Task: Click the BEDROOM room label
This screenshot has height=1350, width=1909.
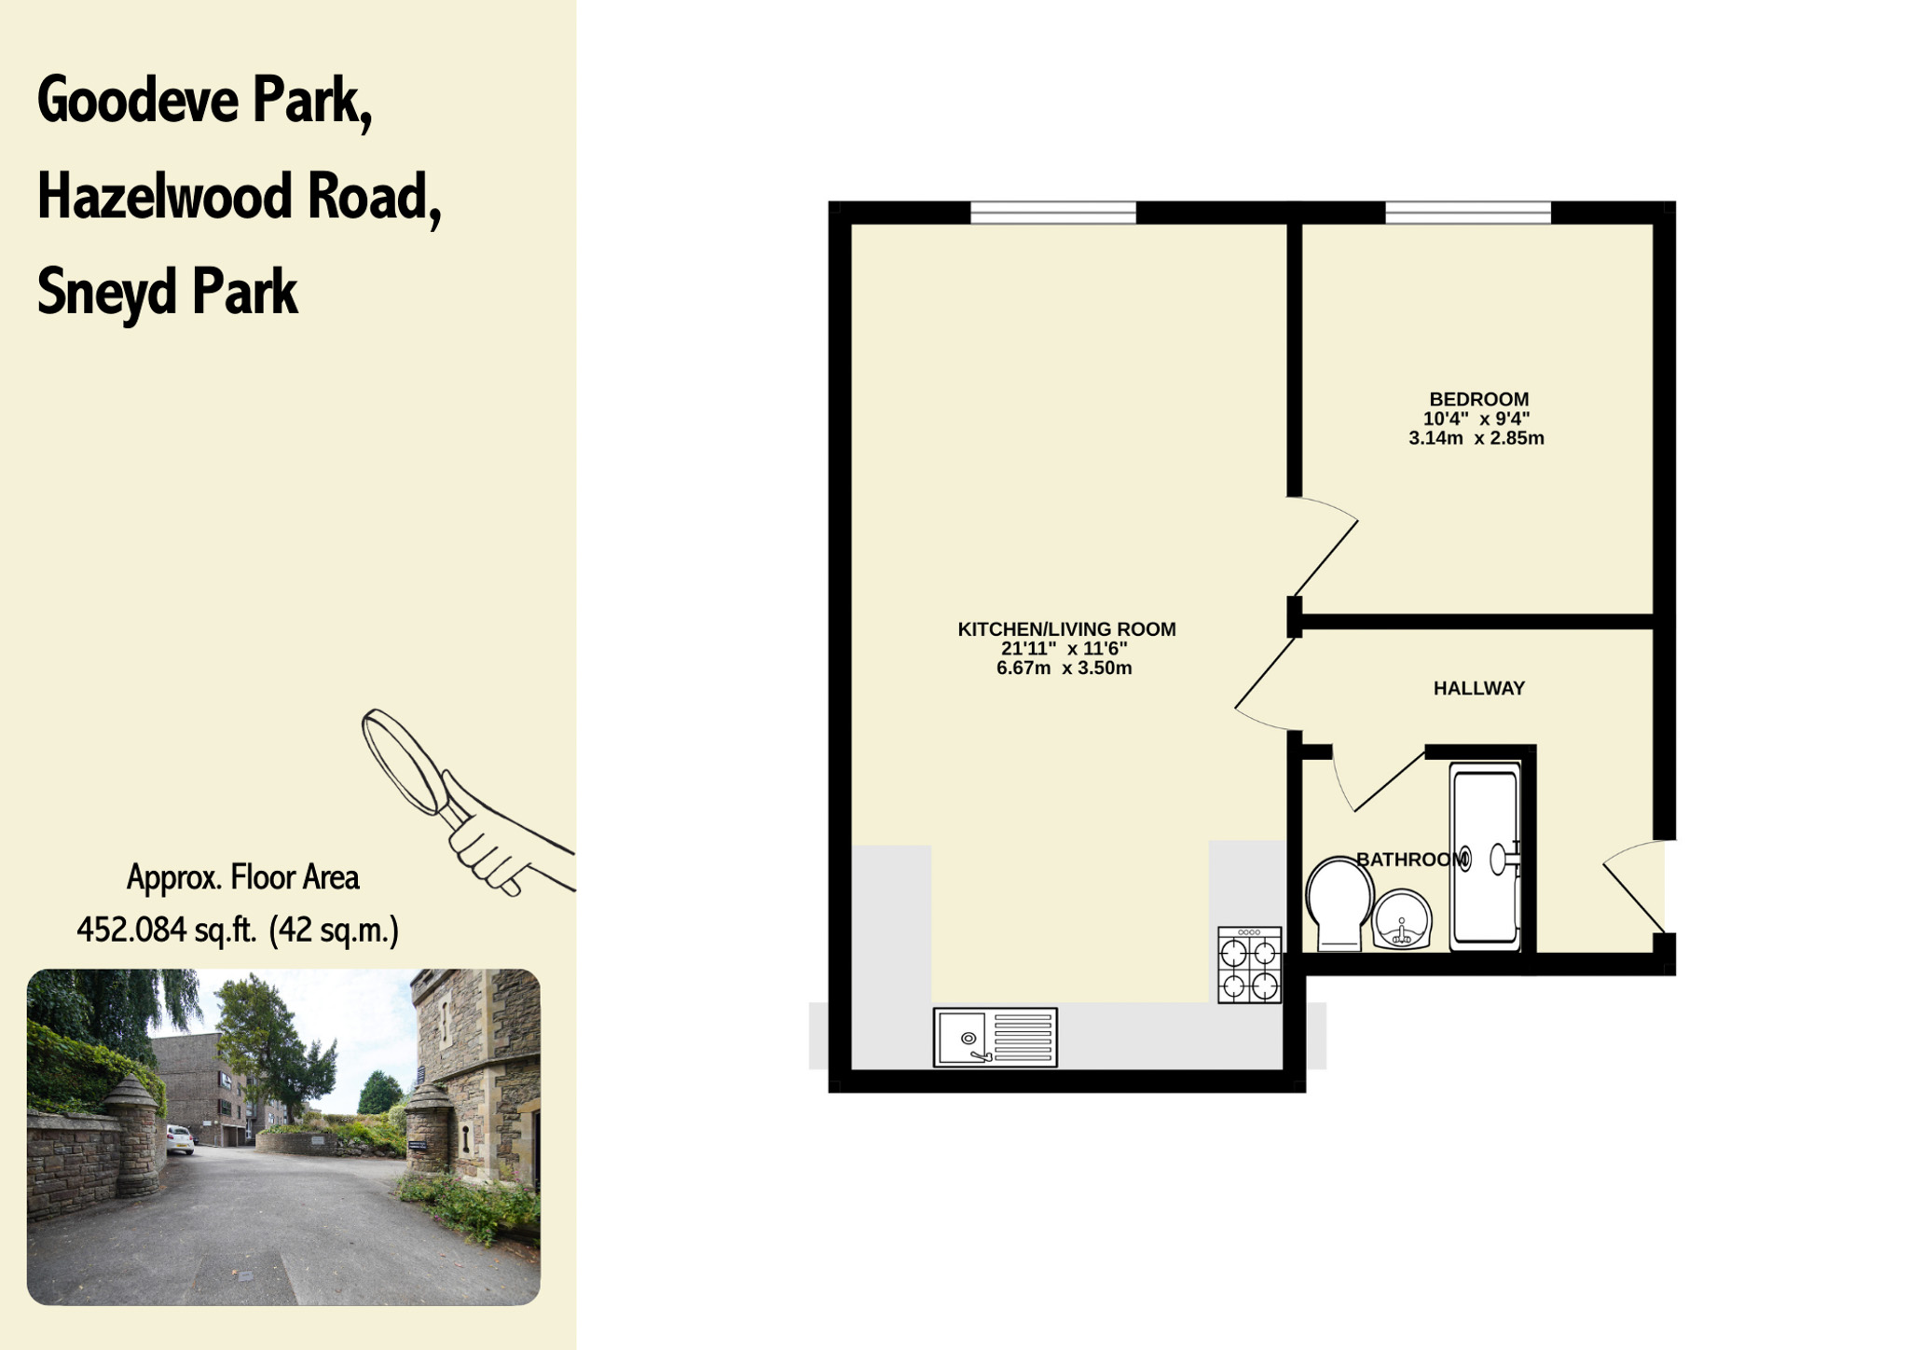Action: click(x=1478, y=399)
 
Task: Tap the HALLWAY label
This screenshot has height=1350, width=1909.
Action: click(x=1478, y=688)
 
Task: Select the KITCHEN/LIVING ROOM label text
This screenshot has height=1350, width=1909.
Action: click(x=1066, y=629)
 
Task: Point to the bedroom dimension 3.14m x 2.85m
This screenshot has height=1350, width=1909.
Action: click(x=1476, y=438)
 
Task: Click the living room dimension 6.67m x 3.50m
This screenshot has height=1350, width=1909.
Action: click(x=1064, y=668)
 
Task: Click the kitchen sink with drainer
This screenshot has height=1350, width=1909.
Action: click(x=995, y=1037)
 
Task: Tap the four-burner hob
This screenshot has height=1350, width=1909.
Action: click(x=1249, y=965)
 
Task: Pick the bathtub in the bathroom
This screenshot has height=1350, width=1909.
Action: click(x=1485, y=856)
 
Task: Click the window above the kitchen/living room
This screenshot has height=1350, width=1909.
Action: click(x=1053, y=213)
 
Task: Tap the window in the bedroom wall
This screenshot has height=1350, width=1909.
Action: click(x=1468, y=213)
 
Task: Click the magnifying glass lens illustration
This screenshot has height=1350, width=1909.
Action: click(x=405, y=761)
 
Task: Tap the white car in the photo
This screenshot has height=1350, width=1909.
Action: click(x=181, y=1138)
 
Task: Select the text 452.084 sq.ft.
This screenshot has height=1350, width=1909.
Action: click(x=167, y=930)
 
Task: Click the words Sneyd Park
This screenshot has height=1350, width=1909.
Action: click(x=168, y=292)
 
